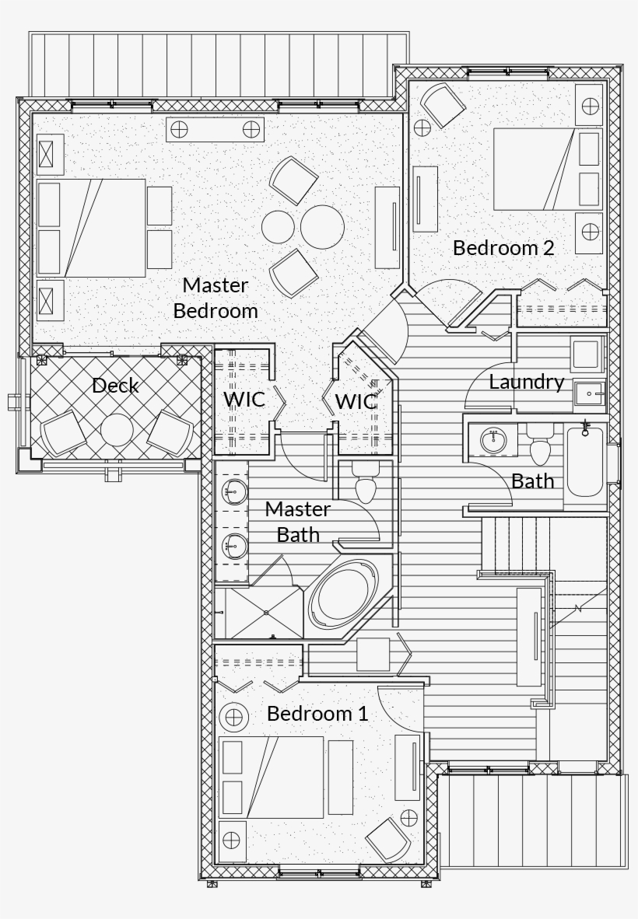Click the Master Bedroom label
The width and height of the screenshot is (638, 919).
point(215,298)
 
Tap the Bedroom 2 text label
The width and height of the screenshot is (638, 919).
point(503,248)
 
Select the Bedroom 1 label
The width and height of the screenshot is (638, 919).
point(317,713)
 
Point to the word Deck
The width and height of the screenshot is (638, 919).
point(115,385)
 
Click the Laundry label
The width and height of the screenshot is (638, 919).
point(526,382)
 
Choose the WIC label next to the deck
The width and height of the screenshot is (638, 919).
point(244,400)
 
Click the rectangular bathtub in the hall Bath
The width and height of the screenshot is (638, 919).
point(585,465)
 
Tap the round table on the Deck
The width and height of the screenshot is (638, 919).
point(117,430)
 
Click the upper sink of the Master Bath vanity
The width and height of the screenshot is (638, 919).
point(232,490)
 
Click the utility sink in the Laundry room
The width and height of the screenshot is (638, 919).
point(588,395)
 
